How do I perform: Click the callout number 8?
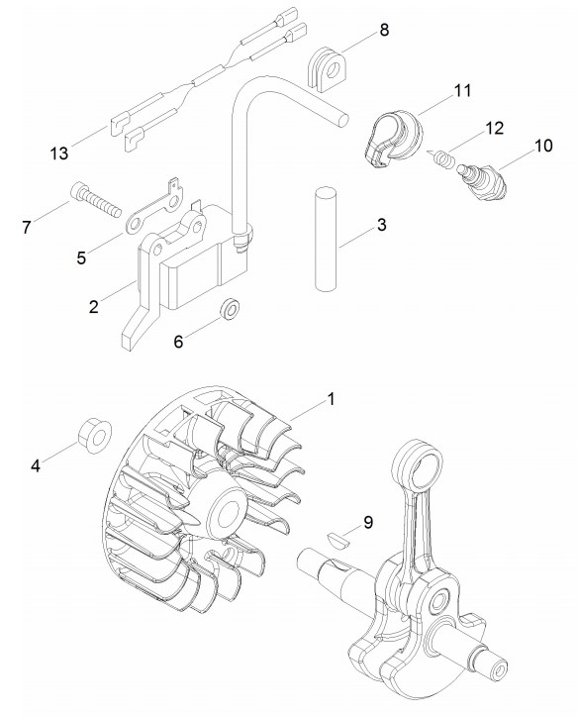tap(384, 30)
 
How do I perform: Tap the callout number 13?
tap(59, 154)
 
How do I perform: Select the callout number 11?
tap(462, 90)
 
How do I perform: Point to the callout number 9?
tap(368, 522)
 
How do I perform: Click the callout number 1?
tap(331, 399)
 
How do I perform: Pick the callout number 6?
tap(178, 341)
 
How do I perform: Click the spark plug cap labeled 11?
tap(394, 139)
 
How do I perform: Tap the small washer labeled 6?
tap(230, 309)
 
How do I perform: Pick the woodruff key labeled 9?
tap(339, 541)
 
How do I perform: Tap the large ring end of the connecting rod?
tap(419, 465)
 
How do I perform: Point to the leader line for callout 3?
tap(357, 238)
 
